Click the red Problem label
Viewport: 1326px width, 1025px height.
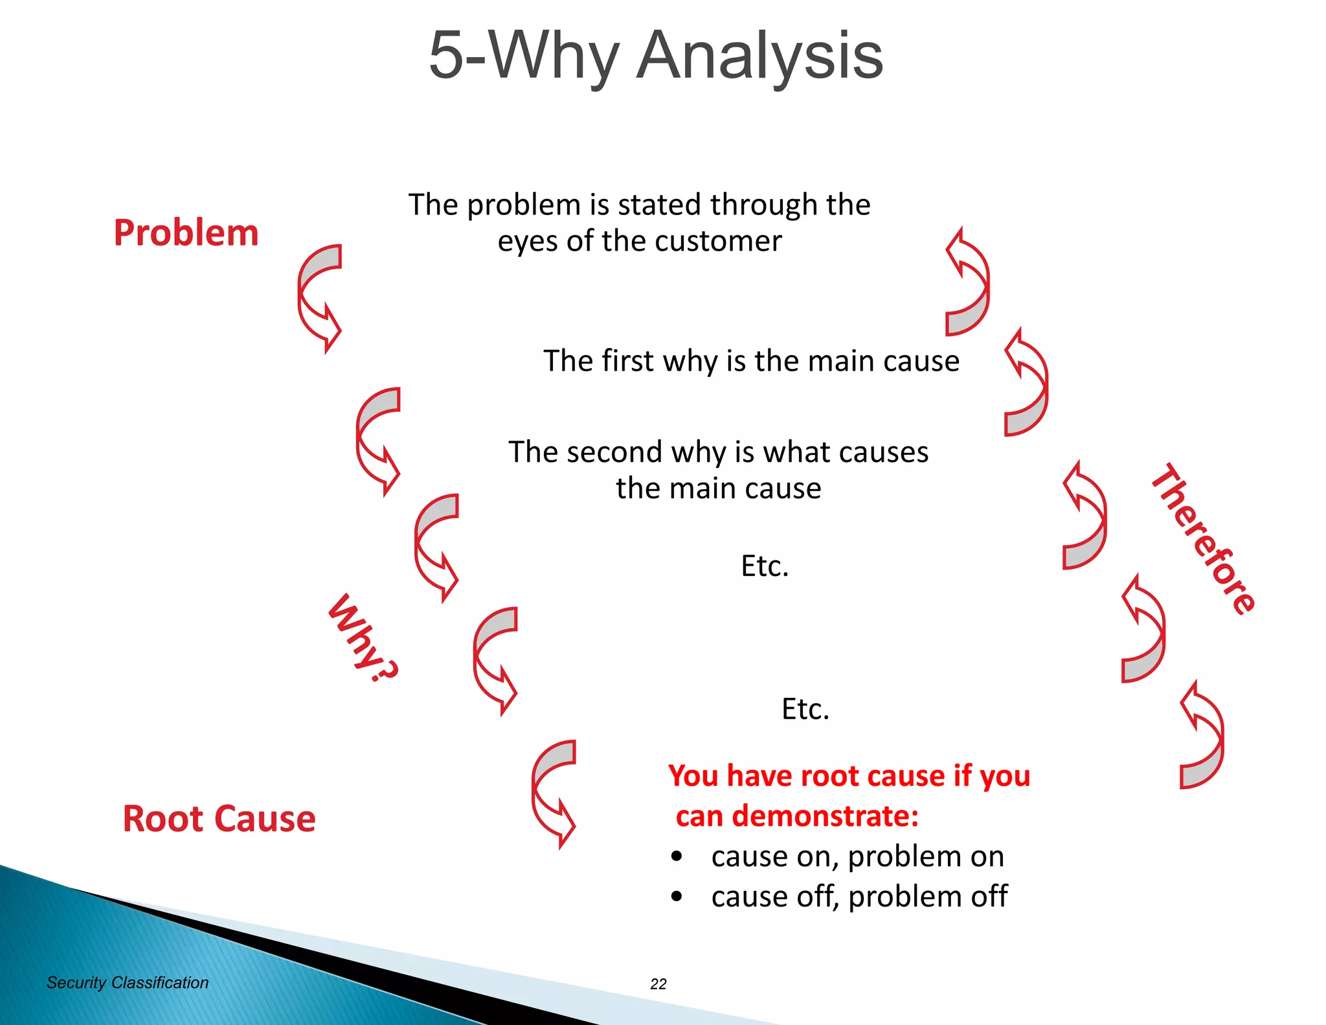pyautogui.click(x=186, y=233)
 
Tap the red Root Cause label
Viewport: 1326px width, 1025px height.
pyautogui.click(x=219, y=818)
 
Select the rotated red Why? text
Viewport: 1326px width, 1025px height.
pyautogui.click(x=363, y=639)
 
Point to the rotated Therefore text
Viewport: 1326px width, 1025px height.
pyautogui.click(x=1203, y=539)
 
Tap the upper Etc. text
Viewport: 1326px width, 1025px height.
pyautogui.click(x=765, y=566)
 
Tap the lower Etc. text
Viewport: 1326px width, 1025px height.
pyautogui.click(x=805, y=709)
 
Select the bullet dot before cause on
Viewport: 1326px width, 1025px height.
pyautogui.click(x=677, y=857)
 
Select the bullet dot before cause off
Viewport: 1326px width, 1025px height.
pyautogui.click(x=677, y=897)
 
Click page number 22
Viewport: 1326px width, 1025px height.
pyautogui.click(x=658, y=984)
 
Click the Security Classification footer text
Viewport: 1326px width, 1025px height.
pyautogui.click(x=128, y=983)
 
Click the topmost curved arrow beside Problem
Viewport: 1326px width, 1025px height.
pyautogui.click(x=317, y=297)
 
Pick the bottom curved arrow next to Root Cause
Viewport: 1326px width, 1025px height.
pyautogui.click(x=552, y=793)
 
